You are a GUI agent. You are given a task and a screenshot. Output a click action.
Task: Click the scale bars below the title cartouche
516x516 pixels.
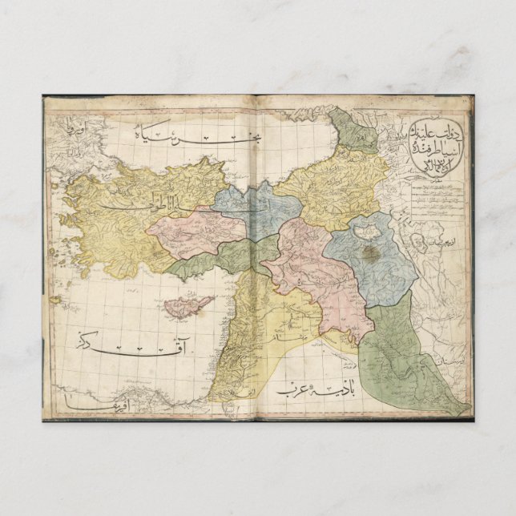click(x=437, y=196)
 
